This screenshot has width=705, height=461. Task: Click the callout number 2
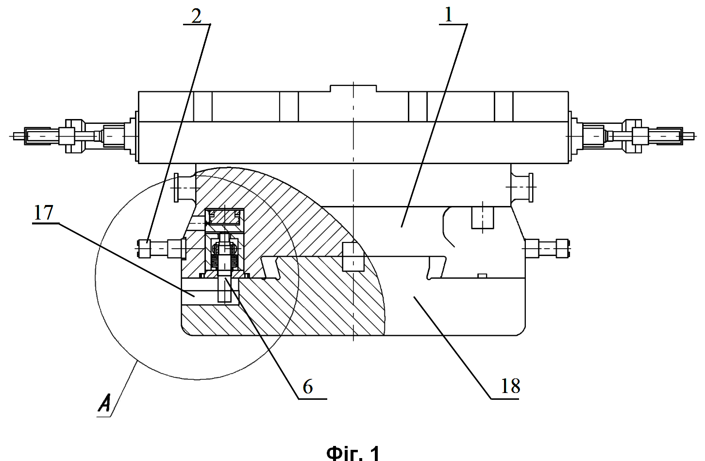tap(196, 16)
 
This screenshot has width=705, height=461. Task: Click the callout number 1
tap(448, 15)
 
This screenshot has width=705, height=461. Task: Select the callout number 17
tap(43, 213)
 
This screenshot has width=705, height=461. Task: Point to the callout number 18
tap(510, 386)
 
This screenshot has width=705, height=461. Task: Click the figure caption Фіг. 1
tap(353, 453)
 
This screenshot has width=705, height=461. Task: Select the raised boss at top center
tap(353, 88)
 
